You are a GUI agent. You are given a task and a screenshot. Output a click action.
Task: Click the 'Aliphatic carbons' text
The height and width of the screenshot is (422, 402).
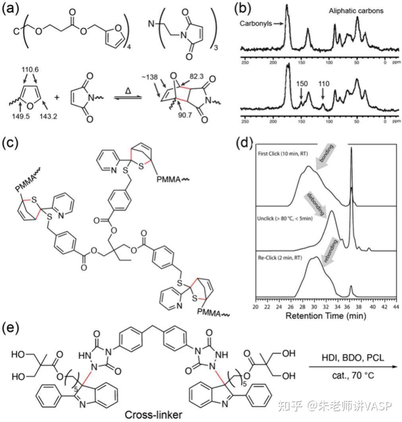coord(356,11)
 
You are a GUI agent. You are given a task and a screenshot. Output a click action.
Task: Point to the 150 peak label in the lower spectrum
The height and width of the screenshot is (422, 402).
coord(302,84)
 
